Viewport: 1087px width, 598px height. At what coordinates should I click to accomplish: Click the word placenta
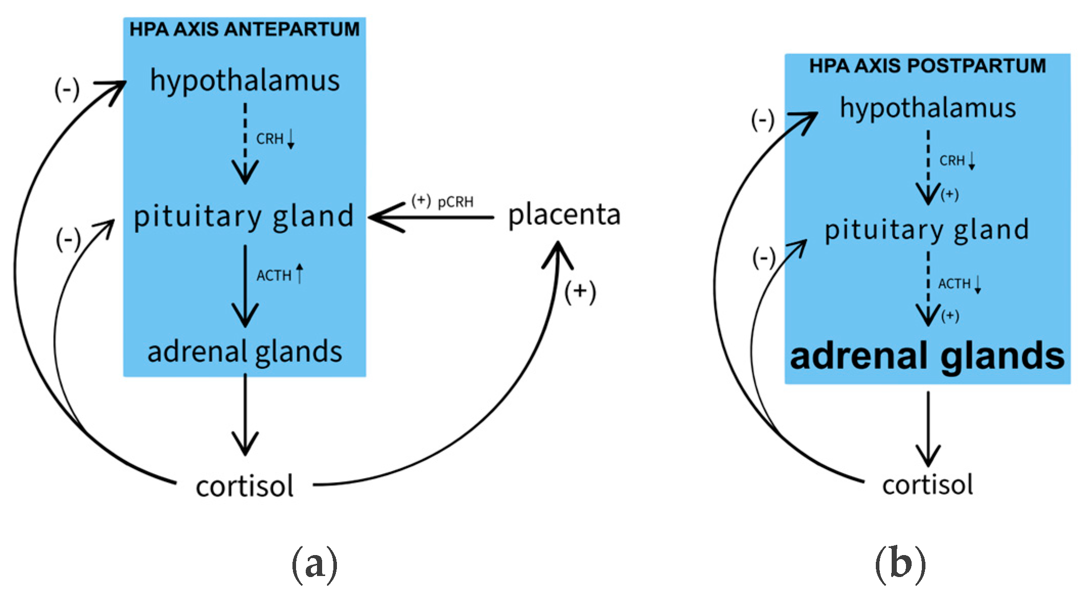tap(564, 215)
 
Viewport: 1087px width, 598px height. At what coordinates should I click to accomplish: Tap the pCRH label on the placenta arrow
tap(455, 202)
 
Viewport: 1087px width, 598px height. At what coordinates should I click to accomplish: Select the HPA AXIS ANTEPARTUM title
tap(244, 29)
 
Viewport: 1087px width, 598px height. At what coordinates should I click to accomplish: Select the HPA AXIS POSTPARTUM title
tap(927, 66)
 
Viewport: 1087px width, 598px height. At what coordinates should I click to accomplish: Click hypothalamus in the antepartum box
tap(244, 81)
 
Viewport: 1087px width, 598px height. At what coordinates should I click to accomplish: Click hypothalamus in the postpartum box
tap(927, 108)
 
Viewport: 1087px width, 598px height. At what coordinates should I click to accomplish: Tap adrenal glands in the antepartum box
tap(244, 352)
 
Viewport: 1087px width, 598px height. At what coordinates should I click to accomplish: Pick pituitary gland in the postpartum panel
tap(926, 229)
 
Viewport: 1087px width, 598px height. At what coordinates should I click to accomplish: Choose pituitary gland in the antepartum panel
tap(243, 216)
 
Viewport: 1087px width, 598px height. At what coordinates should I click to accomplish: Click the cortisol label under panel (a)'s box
tap(244, 486)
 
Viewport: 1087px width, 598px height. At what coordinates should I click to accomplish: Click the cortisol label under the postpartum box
tap(927, 485)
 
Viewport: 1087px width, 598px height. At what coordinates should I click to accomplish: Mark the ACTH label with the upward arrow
tap(274, 275)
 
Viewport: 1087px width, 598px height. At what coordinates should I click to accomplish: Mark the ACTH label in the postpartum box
tap(954, 284)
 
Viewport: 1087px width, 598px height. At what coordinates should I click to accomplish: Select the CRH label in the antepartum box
tap(270, 139)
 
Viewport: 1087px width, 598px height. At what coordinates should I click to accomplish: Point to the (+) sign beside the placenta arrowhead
tap(580, 292)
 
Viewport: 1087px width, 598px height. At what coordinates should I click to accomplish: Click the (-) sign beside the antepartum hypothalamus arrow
tap(67, 90)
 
